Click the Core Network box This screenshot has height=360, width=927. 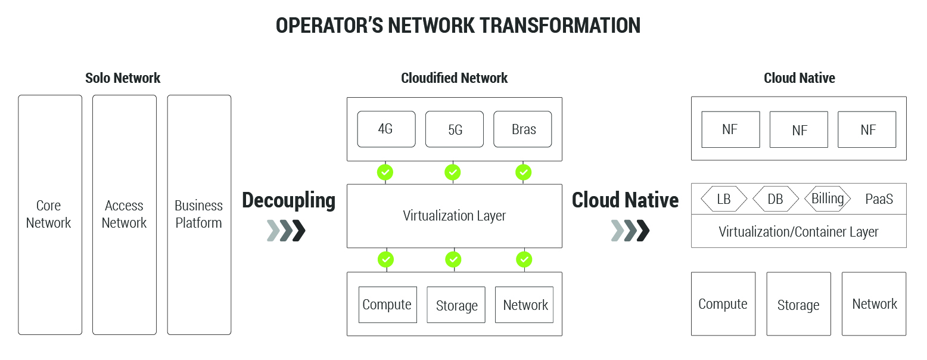coord(50,215)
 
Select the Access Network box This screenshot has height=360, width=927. coord(125,215)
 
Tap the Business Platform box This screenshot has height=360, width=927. coord(199,215)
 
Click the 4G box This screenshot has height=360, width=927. coord(386,129)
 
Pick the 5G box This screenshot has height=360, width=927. coord(455,129)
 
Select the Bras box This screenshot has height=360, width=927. coord(523,129)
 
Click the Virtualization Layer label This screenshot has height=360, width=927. coord(455,216)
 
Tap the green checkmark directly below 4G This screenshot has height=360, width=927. coord(385,172)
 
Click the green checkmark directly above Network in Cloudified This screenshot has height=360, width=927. coord(524,259)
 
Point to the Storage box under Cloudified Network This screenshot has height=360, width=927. coord(456,305)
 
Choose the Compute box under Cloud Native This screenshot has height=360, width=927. coord(723,304)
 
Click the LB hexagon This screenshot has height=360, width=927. coord(724,199)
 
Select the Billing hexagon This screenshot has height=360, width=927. coord(828,198)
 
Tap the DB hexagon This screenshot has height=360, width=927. coord(775,199)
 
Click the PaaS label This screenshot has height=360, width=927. coord(879,199)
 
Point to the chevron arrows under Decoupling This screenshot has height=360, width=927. coord(287,231)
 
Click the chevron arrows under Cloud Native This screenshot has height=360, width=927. coord(630,231)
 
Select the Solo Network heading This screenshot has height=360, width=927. coord(123,78)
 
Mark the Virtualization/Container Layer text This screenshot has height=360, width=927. coord(798,231)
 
